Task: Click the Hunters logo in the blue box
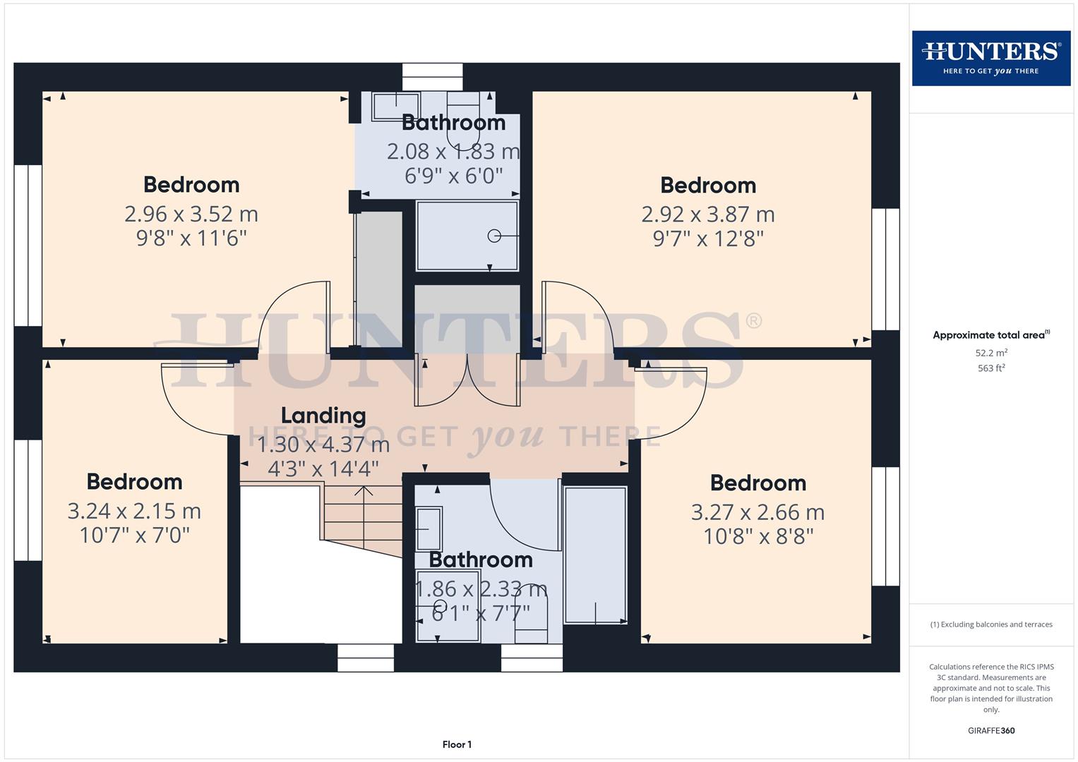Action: (x=990, y=58)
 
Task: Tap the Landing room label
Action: (x=323, y=416)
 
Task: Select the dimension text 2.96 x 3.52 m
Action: (x=191, y=214)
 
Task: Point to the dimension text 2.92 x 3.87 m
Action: (x=708, y=214)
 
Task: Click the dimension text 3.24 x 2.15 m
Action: (x=134, y=511)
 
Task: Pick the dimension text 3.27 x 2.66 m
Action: (x=757, y=512)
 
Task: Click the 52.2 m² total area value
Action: (x=991, y=353)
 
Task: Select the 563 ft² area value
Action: (x=991, y=368)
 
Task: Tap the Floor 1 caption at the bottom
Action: (x=457, y=744)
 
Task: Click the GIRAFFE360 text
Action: (x=991, y=730)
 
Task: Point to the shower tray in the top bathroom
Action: (x=467, y=236)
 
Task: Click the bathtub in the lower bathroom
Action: (x=595, y=555)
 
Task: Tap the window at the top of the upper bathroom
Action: (x=432, y=77)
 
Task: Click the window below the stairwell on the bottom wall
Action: (x=366, y=658)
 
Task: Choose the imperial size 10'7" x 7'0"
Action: (x=134, y=536)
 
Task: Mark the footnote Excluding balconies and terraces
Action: (x=991, y=624)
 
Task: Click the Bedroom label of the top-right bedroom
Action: (x=708, y=186)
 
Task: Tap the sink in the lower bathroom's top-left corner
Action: (x=429, y=528)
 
